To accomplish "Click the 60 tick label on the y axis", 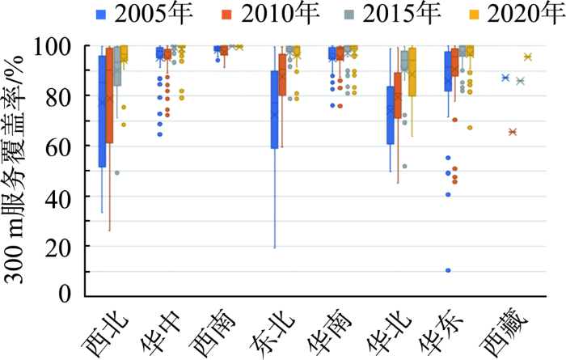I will [x=62, y=146].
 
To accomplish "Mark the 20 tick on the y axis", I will [x=62, y=246].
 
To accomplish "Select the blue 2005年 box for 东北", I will [x=274, y=109].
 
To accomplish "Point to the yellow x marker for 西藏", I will [x=527, y=57].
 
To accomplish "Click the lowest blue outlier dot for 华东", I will [x=447, y=270].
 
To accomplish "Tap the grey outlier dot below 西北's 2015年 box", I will [x=117, y=172].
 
